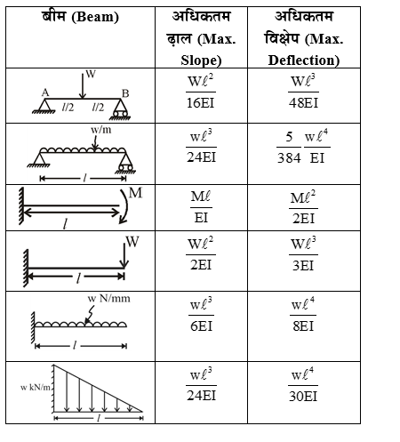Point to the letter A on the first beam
coord(44,92)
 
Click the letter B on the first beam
coord(125,92)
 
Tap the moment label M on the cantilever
coord(134,193)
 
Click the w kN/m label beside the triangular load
coord(32,389)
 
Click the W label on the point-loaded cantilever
coord(132,241)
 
